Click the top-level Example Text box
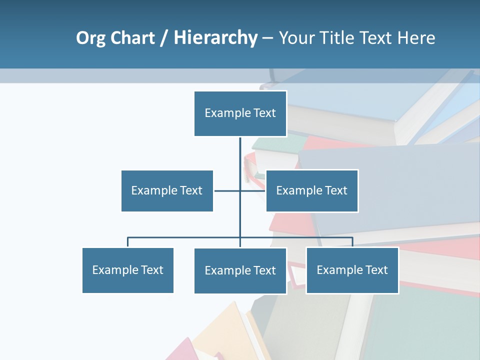coord(240,113)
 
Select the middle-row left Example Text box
coord(167,190)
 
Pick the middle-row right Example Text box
coord(312,190)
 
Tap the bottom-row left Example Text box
coord(128,270)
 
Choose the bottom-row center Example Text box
coord(240,270)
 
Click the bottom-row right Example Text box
coord(352,270)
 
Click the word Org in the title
coord(90,38)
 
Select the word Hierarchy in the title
coord(215,38)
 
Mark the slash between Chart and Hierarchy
coord(164,38)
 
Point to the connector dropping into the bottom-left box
coord(128,242)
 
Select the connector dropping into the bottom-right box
coord(352,242)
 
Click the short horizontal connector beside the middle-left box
coord(226,190)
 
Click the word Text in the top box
coord(264,113)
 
